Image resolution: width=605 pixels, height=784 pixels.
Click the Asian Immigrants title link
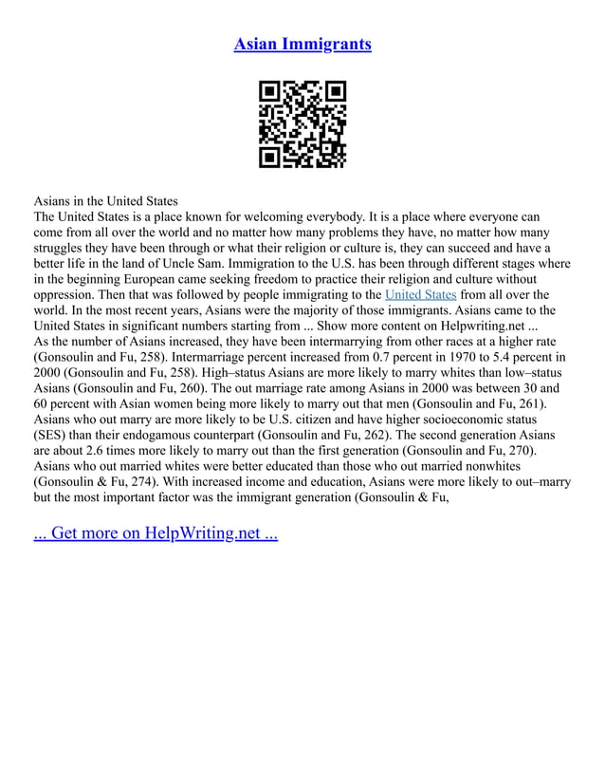302,44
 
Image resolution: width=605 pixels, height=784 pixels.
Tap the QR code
302,124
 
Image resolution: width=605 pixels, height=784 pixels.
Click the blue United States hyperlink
420,294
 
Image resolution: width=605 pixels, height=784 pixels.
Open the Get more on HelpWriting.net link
156,532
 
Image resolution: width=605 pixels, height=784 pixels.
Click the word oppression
69,294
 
